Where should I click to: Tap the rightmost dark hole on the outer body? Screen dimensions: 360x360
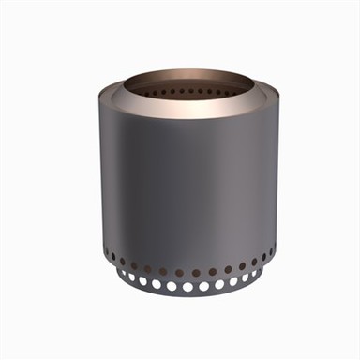click(273, 252)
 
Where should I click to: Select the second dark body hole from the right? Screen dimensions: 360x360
click(265, 258)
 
